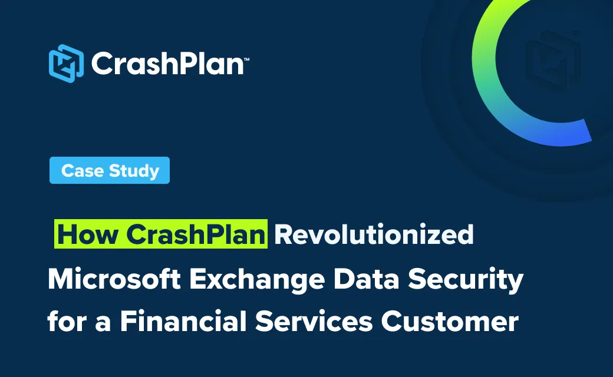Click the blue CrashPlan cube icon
[66, 63]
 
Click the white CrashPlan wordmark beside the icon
[168, 63]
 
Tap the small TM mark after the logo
[247, 59]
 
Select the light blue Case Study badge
[110, 170]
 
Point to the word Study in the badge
[134, 171]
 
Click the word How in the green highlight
[88, 234]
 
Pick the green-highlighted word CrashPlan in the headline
[196, 234]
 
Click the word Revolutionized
[374, 234]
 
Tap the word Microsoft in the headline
[114, 279]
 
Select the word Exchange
[257, 280]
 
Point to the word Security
[466, 280]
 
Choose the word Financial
[183, 321]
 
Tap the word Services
[314, 321]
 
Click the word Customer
[450, 321]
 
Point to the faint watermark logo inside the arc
[553, 61]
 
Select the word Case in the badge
[83, 171]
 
